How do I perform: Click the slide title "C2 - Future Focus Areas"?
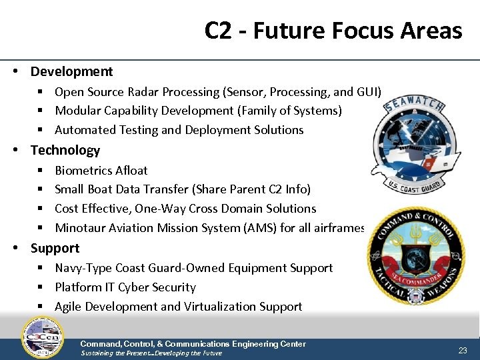pyautogui.click(x=333, y=31)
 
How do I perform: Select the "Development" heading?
pyautogui.click(x=71, y=71)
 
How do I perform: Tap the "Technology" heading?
pyautogui.click(x=65, y=150)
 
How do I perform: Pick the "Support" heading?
pyautogui.click(x=55, y=248)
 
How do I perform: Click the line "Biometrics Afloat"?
pyautogui.click(x=101, y=170)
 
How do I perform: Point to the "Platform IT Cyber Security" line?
pyautogui.click(x=125, y=287)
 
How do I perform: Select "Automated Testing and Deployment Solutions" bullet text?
pyautogui.click(x=179, y=130)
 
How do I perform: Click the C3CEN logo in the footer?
pyautogui.click(x=43, y=337)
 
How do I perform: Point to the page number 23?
pyautogui.click(x=463, y=350)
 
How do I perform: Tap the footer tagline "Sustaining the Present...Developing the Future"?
pyautogui.click(x=151, y=353)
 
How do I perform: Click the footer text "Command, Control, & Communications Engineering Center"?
pyautogui.click(x=193, y=344)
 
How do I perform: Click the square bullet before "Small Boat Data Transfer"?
pyautogui.click(x=41, y=190)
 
